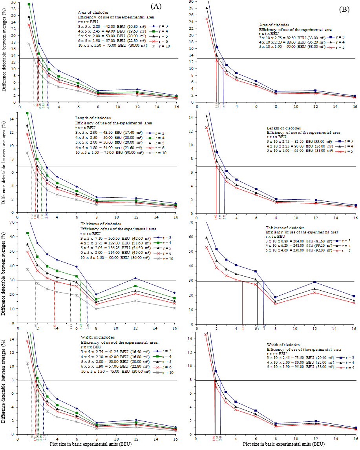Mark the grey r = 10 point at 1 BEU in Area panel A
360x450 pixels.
point(29,44)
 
